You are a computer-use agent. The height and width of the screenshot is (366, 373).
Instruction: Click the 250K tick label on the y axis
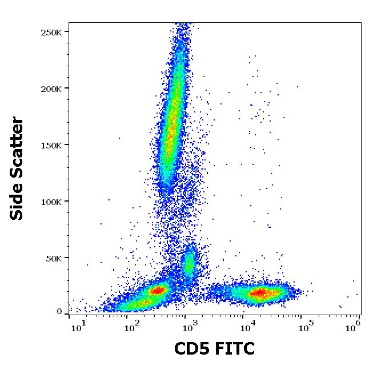click(51, 32)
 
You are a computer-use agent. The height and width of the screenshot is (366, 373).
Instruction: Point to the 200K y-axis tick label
click(51, 89)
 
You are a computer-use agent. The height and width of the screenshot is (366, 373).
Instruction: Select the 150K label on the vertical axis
click(51, 145)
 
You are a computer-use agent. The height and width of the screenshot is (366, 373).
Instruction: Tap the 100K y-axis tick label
click(51, 202)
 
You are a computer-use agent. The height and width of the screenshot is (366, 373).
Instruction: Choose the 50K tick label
click(53, 258)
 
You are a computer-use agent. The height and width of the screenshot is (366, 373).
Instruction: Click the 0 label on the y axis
click(59, 312)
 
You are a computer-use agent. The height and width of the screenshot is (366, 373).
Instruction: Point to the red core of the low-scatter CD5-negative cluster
click(158, 290)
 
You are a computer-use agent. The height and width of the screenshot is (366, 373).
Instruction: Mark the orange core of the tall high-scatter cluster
click(171, 123)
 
